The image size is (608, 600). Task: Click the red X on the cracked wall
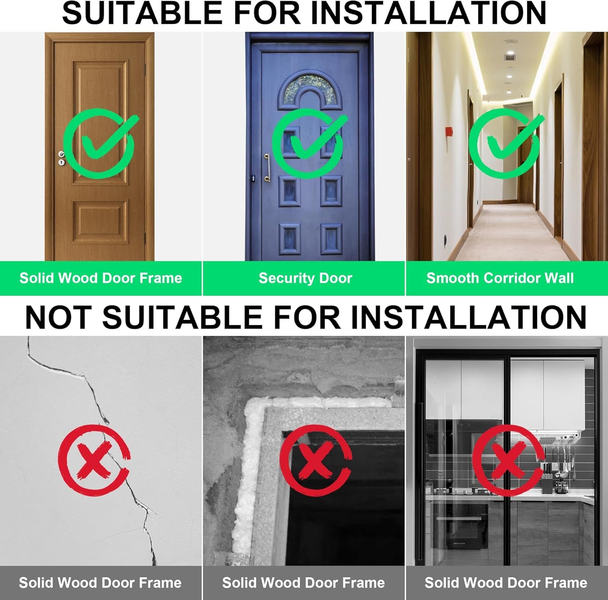94,460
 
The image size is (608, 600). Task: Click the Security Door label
305,278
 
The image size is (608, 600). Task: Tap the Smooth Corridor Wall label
500,278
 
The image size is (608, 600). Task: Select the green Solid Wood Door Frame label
101,278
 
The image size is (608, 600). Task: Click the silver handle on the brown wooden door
61,154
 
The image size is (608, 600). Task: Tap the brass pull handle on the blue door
267,167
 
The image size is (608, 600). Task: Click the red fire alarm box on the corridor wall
449,133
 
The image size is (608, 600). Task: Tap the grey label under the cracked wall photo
101,583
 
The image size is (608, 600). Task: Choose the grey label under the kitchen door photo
506,583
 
